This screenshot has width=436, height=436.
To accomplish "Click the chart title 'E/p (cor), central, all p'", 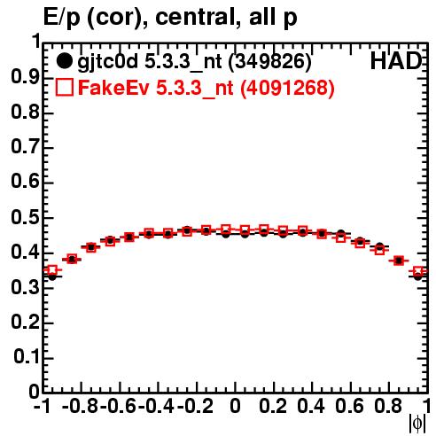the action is tap(170, 17).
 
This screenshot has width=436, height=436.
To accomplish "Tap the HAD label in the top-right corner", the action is tap(396, 61).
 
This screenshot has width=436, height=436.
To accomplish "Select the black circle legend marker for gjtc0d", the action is tap(64, 61).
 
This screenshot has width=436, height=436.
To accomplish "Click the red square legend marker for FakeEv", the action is tap(64, 87).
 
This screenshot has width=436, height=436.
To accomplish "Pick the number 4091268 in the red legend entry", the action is tap(287, 88).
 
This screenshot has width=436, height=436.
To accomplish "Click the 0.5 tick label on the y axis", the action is tap(26, 217).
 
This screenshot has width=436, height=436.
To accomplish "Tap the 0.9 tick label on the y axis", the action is tap(26, 77).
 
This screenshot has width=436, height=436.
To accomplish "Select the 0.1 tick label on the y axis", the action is tap(27, 357).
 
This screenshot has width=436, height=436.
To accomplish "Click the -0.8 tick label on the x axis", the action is tap(81, 406).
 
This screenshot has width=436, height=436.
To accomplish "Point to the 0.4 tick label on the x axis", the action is tap(311, 406).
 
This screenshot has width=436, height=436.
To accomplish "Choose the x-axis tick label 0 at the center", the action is tap(235, 406).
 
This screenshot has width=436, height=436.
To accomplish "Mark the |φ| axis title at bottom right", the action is tap(417, 424).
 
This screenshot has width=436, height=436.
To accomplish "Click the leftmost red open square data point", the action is tap(52, 270).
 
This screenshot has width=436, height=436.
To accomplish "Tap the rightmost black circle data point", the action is tap(417, 276).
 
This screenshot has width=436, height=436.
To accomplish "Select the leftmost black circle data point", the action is tap(52, 276).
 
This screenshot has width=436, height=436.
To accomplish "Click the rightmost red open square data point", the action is tap(418, 271).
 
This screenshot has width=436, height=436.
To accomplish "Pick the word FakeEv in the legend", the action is tap(113, 88).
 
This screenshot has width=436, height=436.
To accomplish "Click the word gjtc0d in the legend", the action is tap(107, 62).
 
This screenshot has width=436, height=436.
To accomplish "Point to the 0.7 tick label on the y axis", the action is tap(26, 147).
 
